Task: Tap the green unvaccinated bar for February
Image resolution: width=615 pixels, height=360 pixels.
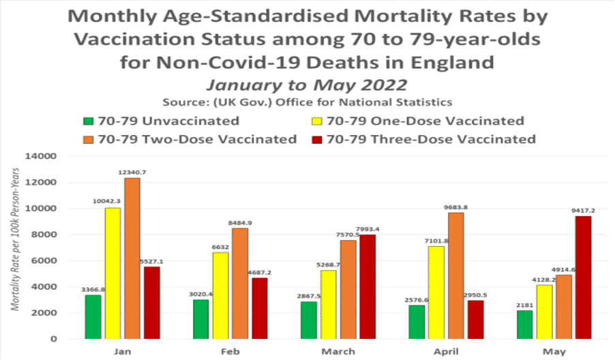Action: (x=201, y=319)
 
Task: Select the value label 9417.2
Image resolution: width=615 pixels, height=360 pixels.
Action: (x=583, y=211)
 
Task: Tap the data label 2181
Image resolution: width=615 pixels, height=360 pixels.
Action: (x=525, y=305)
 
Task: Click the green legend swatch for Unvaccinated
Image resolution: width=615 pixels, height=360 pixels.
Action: (x=88, y=122)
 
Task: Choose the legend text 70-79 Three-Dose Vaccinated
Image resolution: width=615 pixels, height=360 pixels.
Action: (x=431, y=139)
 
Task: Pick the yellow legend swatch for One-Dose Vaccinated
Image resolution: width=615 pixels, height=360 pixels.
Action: (x=317, y=122)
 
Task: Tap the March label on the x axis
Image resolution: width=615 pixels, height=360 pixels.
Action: (x=337, y=351)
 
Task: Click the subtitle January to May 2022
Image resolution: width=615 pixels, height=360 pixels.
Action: (x=307, y=85)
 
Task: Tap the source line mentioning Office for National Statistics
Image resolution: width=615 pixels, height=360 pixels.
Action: (x=307, y=103)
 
